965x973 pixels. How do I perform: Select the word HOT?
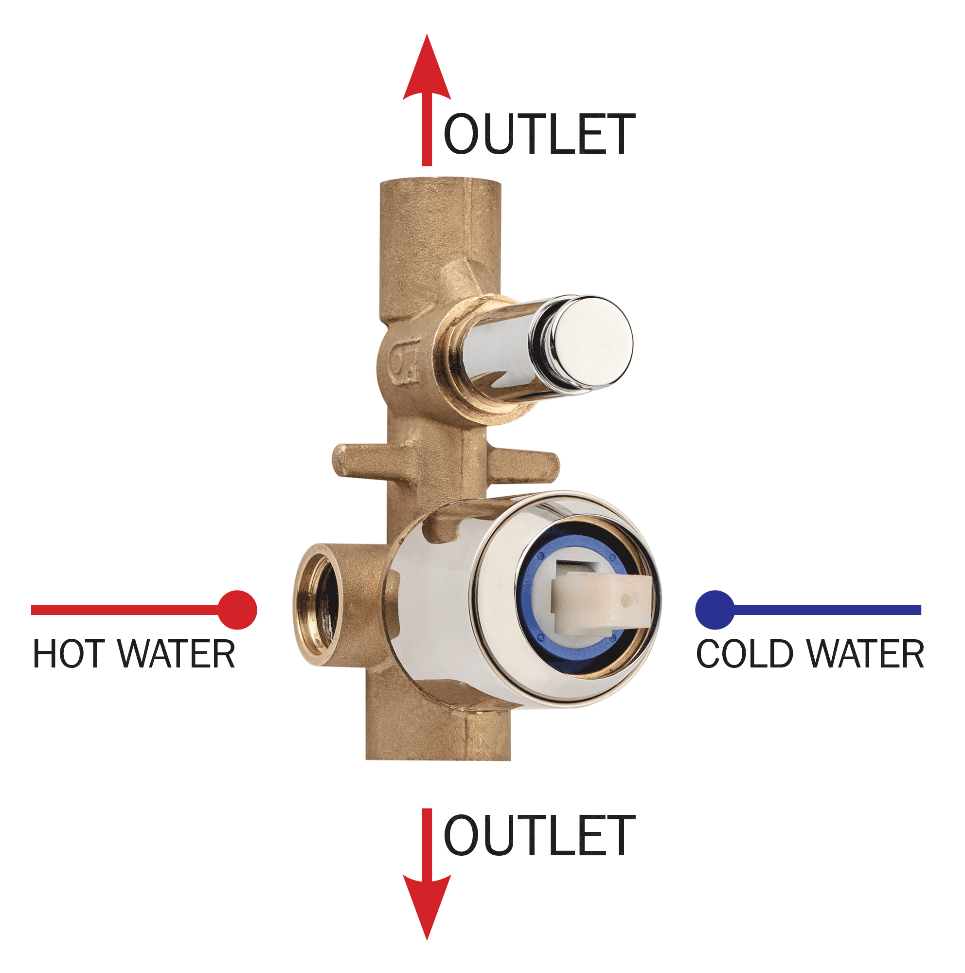click(69, 654)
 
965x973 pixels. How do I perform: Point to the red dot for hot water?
click(237, 610)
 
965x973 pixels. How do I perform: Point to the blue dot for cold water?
click(715, 610)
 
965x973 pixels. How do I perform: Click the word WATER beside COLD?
click(866, 654)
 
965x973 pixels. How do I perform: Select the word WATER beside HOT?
click(177, 654)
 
